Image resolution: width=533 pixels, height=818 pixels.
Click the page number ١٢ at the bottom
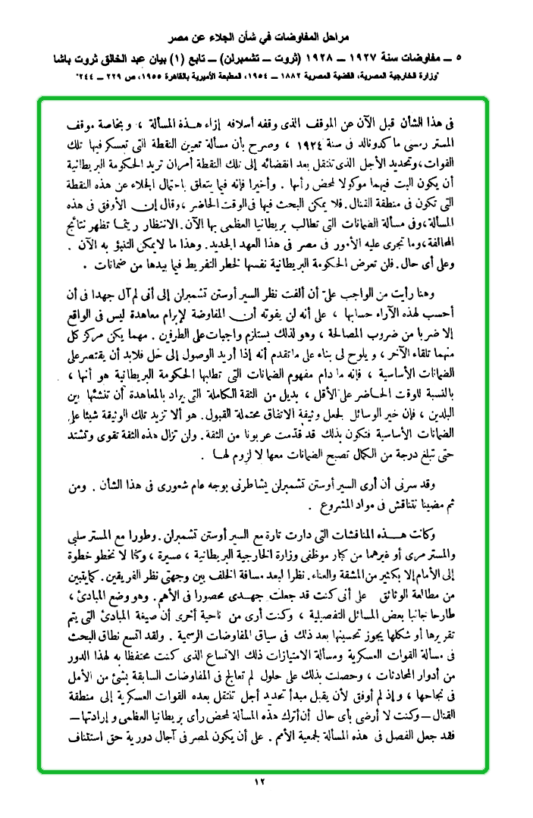pos(266,782)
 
